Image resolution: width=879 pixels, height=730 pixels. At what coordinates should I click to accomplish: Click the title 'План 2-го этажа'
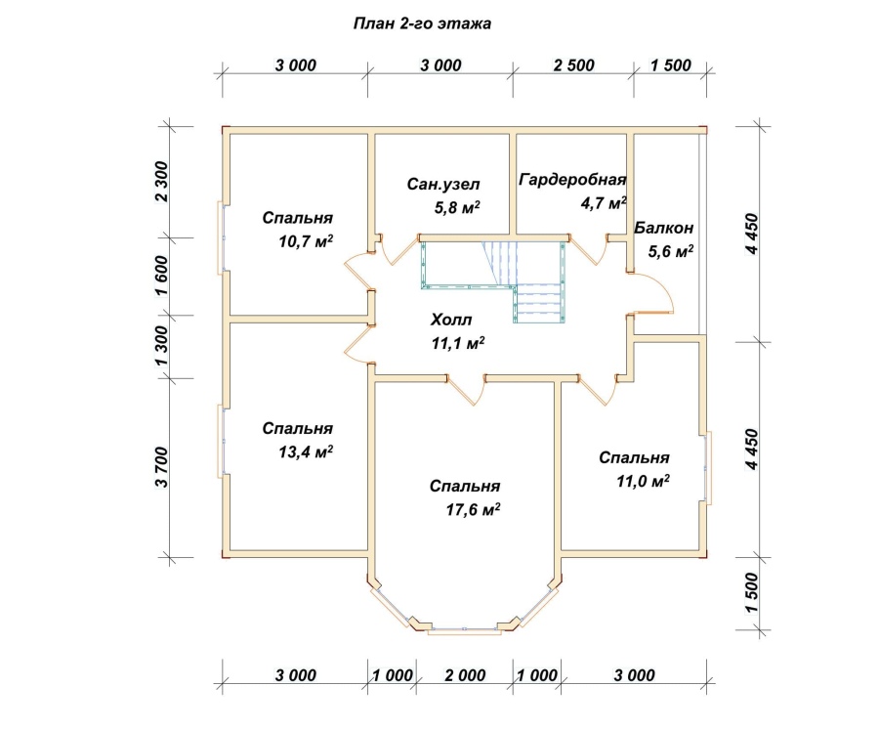(x=422, y=23)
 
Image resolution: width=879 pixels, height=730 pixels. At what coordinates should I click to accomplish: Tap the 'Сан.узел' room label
(x=443, y=184)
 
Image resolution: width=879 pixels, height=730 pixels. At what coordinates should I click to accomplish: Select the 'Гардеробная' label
(x=572, y=180)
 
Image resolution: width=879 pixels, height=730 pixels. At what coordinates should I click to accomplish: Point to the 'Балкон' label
(x=664, y=228)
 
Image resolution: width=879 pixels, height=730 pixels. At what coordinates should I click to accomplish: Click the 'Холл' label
(x=451, y=320)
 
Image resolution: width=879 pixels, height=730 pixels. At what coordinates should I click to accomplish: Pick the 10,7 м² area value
(x=306, y=241)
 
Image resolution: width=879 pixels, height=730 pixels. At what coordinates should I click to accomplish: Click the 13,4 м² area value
(x=306, y=451)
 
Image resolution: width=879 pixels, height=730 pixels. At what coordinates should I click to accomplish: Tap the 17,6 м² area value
(x=473, y=509)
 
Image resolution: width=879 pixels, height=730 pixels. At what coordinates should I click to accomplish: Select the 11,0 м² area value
(x=643, y=481)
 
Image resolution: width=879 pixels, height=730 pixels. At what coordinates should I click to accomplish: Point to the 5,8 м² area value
(x=457, y=207)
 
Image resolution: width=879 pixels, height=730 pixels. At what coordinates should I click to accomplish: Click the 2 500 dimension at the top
(x=573, y=65)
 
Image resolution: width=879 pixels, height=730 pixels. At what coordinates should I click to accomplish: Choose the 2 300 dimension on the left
(x=161, y=181)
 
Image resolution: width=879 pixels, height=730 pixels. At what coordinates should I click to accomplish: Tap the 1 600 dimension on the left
(x=161, y=276)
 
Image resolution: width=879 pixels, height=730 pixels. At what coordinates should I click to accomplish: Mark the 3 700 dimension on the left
(x=161, y=467)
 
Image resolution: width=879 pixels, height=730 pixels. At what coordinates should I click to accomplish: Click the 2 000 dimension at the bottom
(x=465, y=675)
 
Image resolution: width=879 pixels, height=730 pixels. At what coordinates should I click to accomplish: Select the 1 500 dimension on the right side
(x=752, y=593)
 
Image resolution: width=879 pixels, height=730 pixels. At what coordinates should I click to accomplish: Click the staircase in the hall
(x=493, y=280)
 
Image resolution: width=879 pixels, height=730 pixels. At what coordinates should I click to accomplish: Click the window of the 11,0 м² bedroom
(x=707, y=467)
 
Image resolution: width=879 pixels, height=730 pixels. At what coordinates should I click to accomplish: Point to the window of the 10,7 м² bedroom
(x=221, y=237)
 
